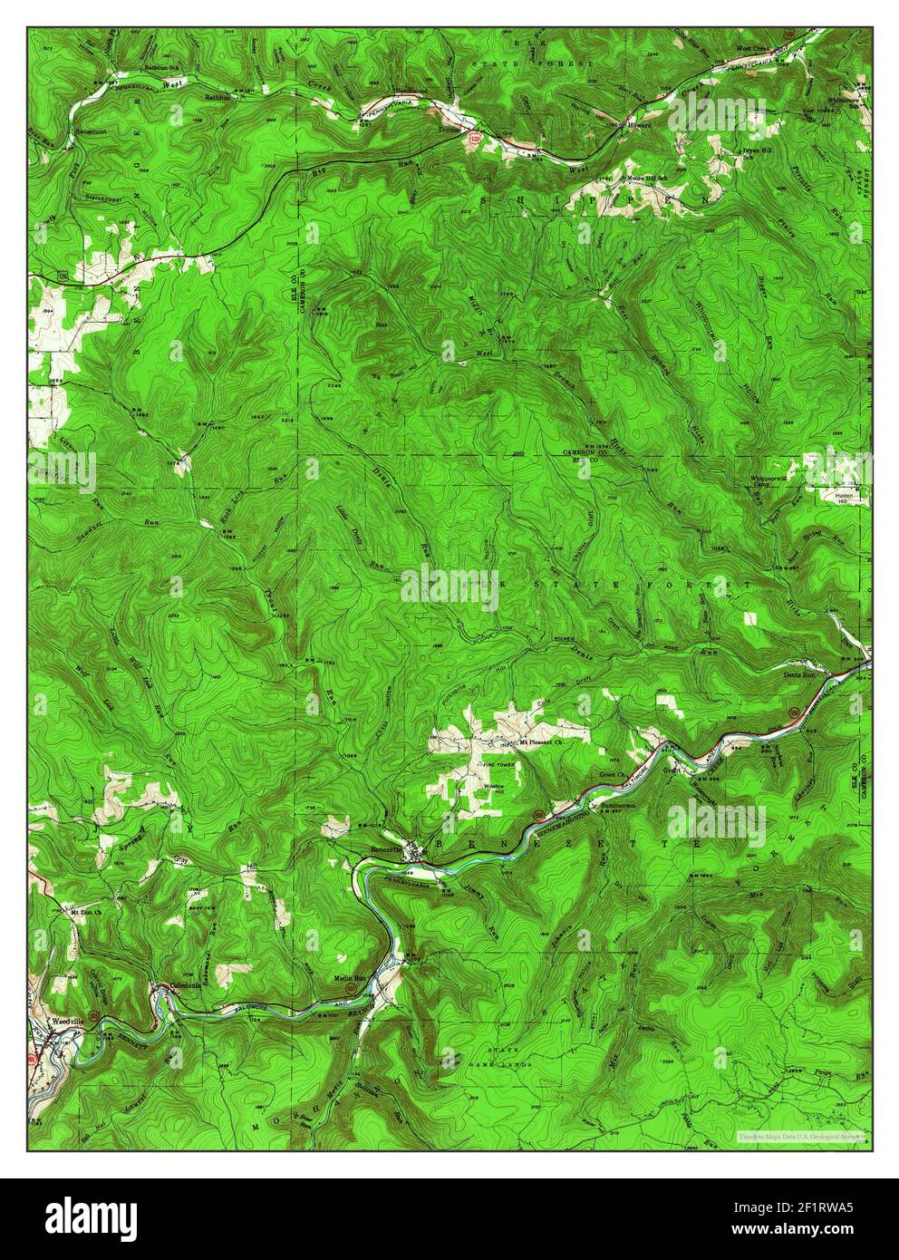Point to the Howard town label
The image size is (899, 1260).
(x=638, y=126)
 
